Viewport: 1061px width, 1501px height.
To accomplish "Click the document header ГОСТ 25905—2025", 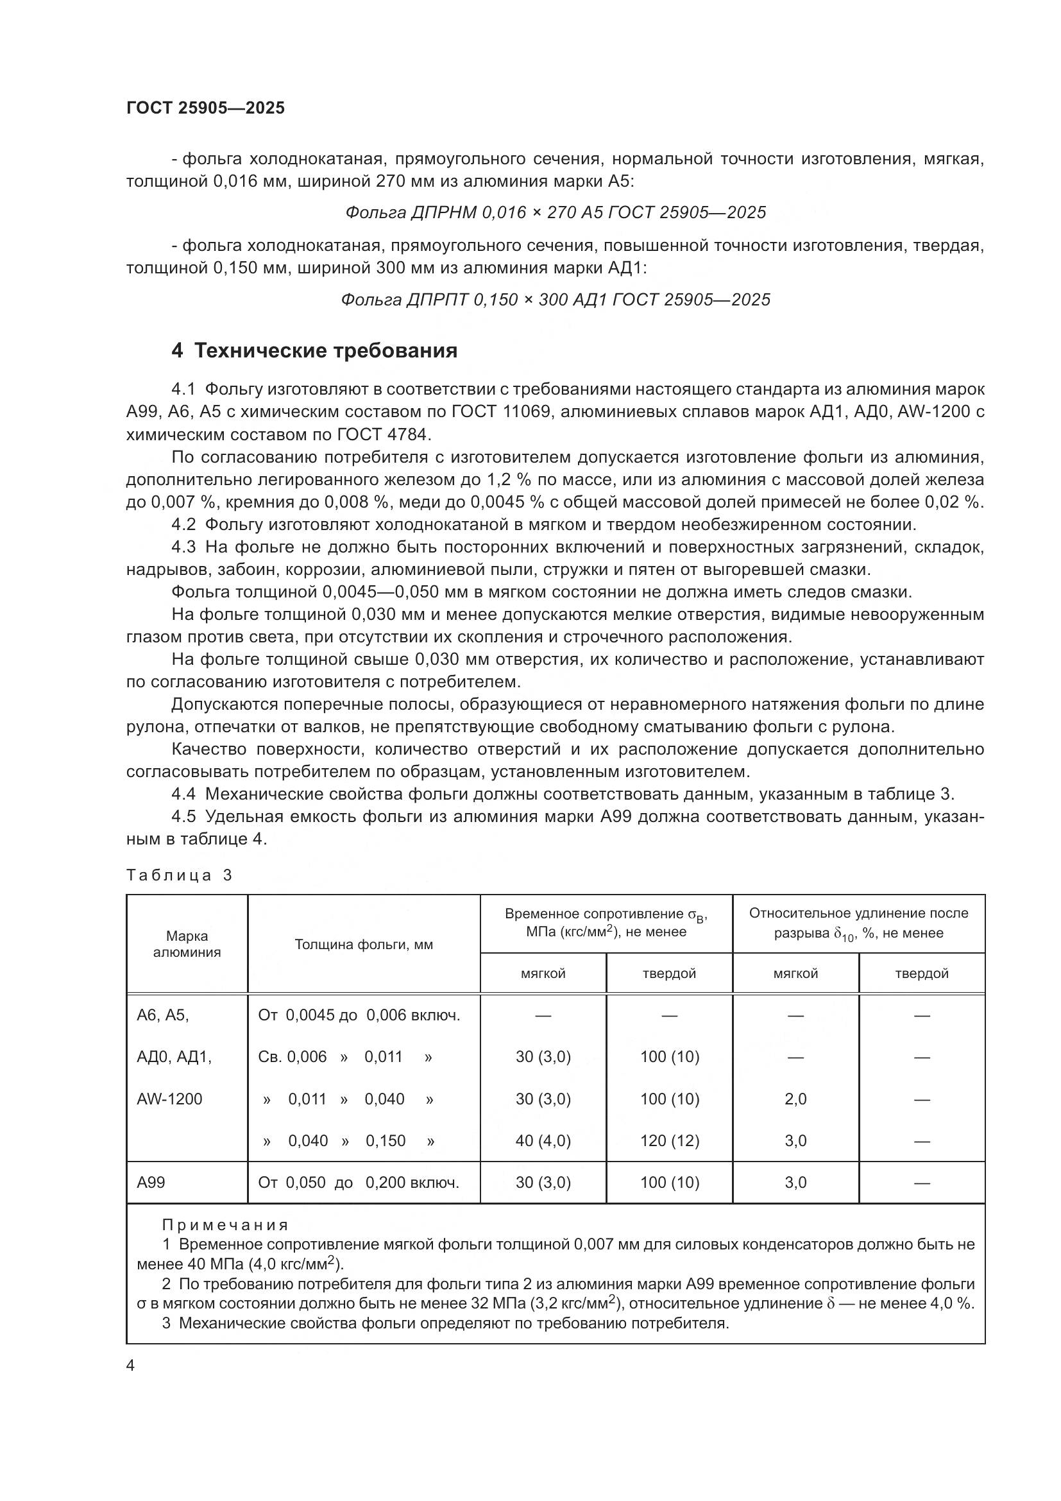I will [x=205, y=108].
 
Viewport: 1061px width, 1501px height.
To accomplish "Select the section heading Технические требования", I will [x=325, y=351].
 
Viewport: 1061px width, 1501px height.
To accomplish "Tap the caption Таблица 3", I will [x=179, y=875].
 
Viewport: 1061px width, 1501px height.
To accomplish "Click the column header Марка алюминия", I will [x=187, y=944].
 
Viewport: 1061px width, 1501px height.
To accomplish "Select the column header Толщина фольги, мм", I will [x=363, y=945].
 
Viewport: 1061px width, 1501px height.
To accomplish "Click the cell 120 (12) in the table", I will [x=669, y=1141].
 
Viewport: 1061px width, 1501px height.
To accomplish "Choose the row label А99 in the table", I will [x=151, y=1183].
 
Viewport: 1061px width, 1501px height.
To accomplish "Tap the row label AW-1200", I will [x=169, y=1099].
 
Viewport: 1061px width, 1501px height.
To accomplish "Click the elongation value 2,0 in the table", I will [x=795, y=1099].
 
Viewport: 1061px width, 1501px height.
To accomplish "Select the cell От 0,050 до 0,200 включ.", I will [x=359, y=1183].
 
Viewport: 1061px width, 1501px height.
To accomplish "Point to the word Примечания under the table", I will [x=225, y=1225].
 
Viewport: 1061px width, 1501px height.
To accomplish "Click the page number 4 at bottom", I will [x=130, y=1366].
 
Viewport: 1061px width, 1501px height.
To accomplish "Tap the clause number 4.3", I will [x=183, y=547].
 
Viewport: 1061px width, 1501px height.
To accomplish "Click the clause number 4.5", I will [x=183, y=816].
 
